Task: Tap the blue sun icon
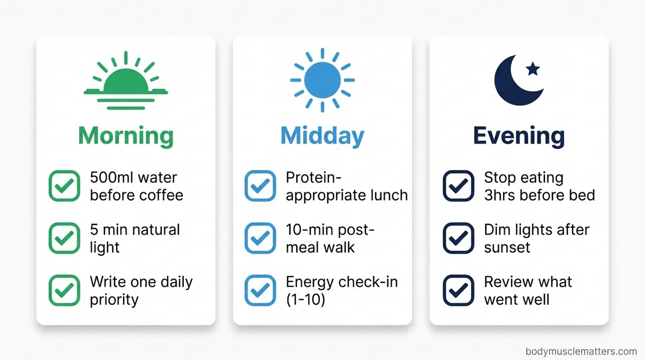point(322,80)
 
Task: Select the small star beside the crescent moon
point(532,69)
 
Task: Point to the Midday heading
point(322,136)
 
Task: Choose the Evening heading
point(519,136)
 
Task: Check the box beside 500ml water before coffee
point(64,186)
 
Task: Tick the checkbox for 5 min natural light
point(64,238)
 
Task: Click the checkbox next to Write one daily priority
point(64,290)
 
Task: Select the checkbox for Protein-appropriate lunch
point(260,186)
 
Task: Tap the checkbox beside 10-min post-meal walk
point(260,238)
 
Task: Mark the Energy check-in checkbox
point(260,290)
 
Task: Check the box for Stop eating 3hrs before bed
point(459,186)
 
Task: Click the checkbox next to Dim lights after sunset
point(459,238)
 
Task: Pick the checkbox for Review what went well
point(459,290)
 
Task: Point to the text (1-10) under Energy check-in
point(305,299)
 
